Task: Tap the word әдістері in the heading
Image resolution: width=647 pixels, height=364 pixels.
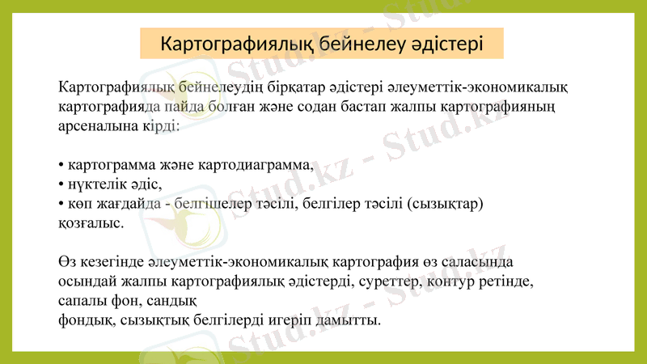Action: [443, 43]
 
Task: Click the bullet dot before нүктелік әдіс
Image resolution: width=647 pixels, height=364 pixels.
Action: [61, 184]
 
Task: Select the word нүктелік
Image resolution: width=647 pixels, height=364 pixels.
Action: [95, 184]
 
